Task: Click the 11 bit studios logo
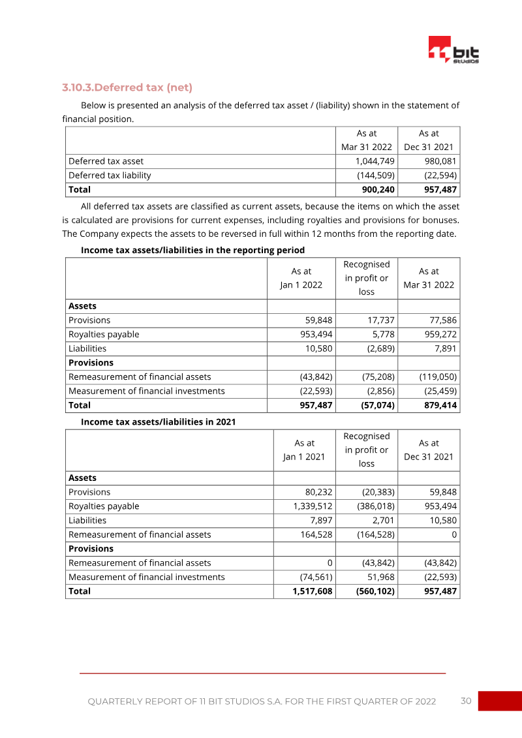coord(453,50)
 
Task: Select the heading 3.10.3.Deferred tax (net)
coord(127,87)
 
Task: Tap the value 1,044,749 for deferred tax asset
coord(375,161)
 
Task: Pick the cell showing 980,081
coord(437,161)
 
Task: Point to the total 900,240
coord(378,190)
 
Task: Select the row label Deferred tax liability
coord(110,176)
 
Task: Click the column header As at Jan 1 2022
coord(301,278)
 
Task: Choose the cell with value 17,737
coord(378,320)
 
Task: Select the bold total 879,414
coord(438,406)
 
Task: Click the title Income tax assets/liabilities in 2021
coord(158,422)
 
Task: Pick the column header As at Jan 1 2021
coord(303,450)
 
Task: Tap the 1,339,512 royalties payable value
coord(313,506)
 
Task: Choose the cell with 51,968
coord(381,577)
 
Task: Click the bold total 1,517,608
coord(313,591)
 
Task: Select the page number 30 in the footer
coord(466,701)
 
